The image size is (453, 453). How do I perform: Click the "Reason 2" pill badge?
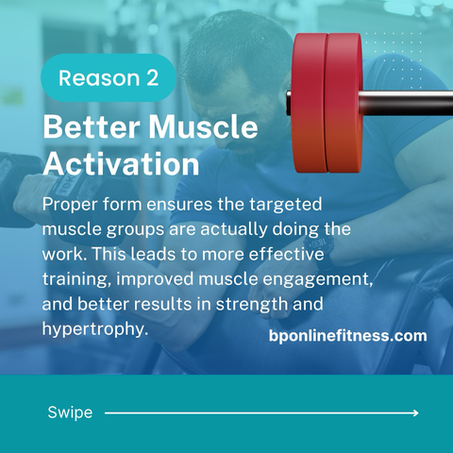coord(109,77)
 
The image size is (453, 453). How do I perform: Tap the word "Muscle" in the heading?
coord(203,127)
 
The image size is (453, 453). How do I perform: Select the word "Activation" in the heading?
coord(121,163)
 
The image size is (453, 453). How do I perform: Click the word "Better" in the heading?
coord(92,127)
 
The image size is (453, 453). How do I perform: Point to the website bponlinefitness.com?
coord(348,336)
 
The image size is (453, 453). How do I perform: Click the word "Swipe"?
coord(70,412)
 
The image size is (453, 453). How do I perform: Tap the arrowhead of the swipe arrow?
coord(416,412)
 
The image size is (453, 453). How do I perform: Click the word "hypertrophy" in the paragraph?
coord(93,329)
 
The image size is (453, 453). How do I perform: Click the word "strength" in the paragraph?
coord(252,304)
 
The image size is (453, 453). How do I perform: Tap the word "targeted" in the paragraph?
coord(286,205)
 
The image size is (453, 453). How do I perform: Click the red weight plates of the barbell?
coord(327,103)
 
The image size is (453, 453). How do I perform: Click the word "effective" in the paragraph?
coord(286,254)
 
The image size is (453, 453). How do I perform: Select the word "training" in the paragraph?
coord(75,279)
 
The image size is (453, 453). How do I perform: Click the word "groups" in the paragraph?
coord(135,229)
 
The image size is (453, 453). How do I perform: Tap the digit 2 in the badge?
coord(153,77)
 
